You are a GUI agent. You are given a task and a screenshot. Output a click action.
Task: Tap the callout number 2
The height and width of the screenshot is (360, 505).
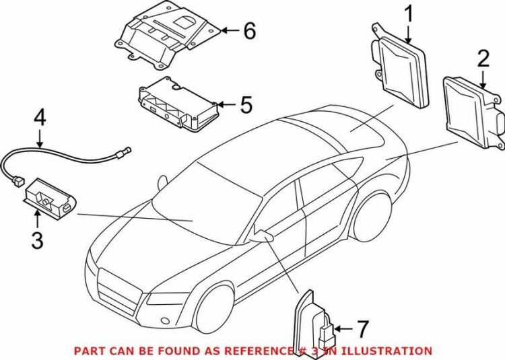click(483, 59)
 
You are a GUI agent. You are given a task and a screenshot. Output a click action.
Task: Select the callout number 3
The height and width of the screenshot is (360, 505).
click(37, 241)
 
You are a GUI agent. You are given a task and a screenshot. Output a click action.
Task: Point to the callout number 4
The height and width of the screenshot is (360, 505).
click(40, 118)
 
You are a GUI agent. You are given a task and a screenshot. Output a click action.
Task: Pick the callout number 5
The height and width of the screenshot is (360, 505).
click(246, 104)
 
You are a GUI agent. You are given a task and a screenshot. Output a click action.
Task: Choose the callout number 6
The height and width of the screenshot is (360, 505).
click(250, 30)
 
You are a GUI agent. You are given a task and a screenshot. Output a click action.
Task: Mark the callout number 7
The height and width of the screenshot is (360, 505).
click(362, 329)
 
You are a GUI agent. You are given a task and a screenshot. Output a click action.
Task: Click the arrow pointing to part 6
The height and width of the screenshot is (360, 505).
click(230, 30)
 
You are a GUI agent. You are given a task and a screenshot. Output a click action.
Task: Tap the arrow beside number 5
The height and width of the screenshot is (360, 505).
click(227, 104)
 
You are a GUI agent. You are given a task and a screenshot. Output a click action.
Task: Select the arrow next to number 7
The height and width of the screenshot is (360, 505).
click(343, 329)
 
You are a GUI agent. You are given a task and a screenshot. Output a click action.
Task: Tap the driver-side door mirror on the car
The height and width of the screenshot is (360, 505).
click(263, 237)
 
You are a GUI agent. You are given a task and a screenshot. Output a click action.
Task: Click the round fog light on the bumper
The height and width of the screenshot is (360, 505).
click(165, 320)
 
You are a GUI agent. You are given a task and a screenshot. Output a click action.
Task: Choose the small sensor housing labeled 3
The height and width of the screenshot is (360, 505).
click(50, 199)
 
